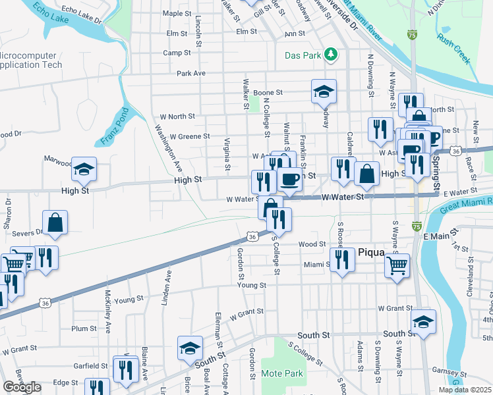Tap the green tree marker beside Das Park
332,54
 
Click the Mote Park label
282,373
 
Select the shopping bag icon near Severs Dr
55,223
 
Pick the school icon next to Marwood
84,171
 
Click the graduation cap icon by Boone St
324,92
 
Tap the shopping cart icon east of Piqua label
397,266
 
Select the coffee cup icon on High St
289,178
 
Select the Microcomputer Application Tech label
31,60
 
